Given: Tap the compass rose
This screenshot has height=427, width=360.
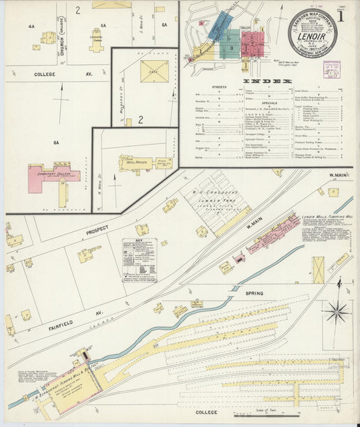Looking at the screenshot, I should [x=336, y=313].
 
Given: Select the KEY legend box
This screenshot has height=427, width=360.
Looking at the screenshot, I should [x=139, y=259].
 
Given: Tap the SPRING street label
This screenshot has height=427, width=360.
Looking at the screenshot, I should [x=254, y=294].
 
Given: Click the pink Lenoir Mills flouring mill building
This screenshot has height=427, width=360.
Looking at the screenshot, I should [x=274, y=236].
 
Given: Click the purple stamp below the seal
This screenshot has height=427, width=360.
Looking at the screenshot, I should [x=332, y=70].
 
